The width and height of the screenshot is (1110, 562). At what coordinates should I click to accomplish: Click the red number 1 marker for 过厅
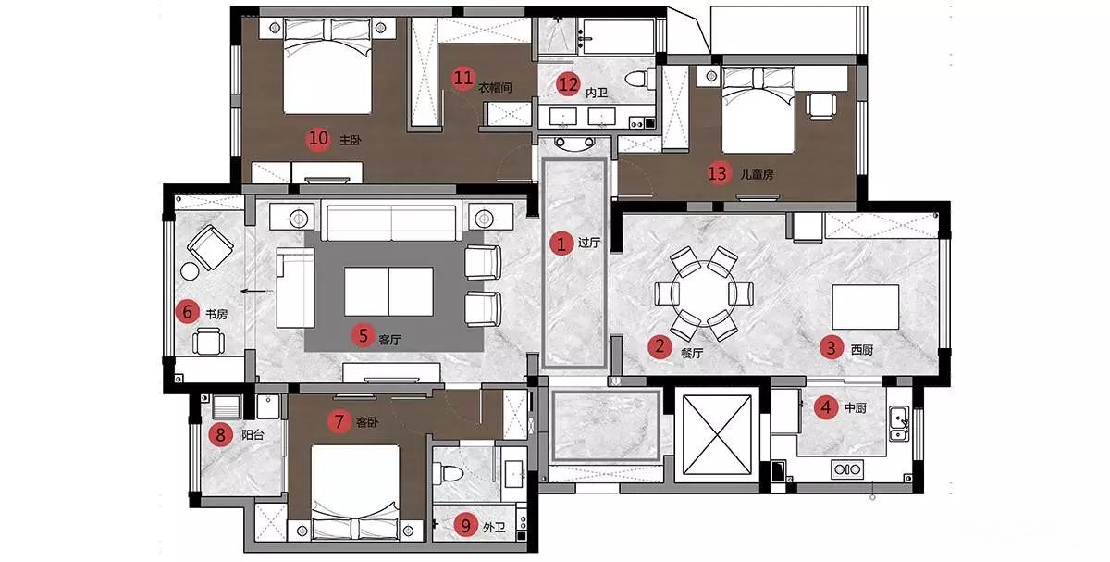[x=561, y=244]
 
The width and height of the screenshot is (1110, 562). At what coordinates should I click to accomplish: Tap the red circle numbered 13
[x=717, y=174]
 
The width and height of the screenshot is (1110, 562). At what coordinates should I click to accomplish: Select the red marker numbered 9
[x=465, y=526]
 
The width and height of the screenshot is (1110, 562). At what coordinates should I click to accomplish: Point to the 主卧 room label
[x=350, y=141]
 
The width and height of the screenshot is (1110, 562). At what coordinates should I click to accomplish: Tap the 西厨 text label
[x=862, y=350]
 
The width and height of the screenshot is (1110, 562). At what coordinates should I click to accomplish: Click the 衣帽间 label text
[x=495, y=88]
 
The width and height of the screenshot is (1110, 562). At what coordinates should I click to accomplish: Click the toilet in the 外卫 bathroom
[x=448, y=472]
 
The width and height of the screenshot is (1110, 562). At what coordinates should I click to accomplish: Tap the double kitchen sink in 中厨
[x=899, y=423]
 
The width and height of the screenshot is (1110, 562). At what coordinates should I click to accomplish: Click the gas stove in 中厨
[x=847, y=469]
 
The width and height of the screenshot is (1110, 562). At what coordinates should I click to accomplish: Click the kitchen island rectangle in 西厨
[x=866, y=307]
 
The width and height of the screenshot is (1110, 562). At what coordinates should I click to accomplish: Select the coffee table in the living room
[x=389, y=292]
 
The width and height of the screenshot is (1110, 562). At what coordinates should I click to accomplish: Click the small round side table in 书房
[x=190, y=271]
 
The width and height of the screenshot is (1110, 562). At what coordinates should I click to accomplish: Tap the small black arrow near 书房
[x=253, y=291]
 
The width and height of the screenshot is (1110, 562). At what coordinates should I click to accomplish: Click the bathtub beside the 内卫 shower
[x=619, y=36]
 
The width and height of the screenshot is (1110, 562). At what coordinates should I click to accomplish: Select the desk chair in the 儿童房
[x=821, y=106]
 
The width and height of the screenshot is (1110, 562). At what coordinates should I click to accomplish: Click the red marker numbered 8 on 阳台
[x=220, y=435]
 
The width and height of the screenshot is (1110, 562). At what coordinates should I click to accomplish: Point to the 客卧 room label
[x=367, y=422]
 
